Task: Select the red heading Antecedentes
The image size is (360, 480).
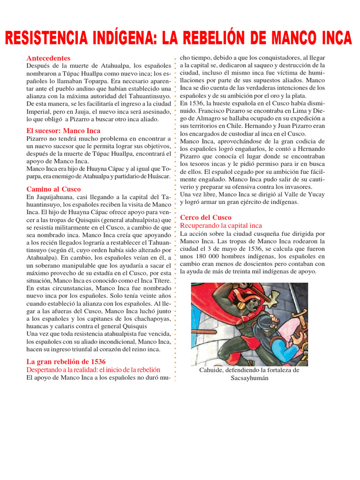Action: pos(48,58)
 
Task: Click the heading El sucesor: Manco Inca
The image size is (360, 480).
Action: pos(63,131)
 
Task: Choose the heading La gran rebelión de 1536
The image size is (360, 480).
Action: pos(66,361)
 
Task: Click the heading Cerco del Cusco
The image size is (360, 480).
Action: pos(206,217)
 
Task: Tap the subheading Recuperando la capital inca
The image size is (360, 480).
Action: pos(221,225)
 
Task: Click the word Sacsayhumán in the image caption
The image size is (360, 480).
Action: pos(249,378)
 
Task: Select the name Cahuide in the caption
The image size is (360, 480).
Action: pos(210,370)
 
